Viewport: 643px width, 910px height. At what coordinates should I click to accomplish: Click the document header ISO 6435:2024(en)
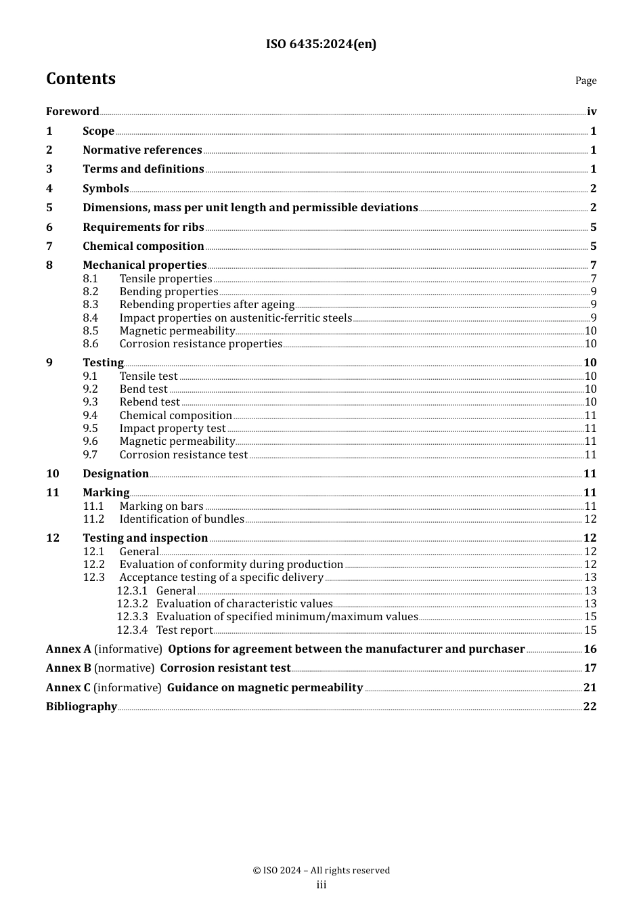[321, 44]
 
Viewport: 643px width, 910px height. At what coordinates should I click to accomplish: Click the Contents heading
[81, 79]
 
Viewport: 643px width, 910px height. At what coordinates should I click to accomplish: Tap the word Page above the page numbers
[585, 81]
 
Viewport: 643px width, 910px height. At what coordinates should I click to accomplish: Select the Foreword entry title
[72, 112]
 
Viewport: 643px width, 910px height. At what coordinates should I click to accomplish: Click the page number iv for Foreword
[592, 112]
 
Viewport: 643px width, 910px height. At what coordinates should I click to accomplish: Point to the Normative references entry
[142, 150]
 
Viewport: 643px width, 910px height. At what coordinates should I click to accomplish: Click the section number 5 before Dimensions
[49, 208]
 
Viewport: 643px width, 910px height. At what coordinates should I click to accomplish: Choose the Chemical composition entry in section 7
[143, 246]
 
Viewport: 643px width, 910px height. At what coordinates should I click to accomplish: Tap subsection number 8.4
[91, 318]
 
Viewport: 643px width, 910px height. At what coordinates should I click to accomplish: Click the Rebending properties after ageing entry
[206, 305]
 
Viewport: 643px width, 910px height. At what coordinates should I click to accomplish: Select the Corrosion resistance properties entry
[200, 344]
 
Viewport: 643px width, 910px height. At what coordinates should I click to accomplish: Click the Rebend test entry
[150, 402]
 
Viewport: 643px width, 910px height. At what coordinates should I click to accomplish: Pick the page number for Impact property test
[590, 429]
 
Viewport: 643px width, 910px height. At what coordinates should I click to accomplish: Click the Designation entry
[115, 474]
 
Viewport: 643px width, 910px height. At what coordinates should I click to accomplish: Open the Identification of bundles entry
[181, 519]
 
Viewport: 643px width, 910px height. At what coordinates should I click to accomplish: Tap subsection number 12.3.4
[131, 630]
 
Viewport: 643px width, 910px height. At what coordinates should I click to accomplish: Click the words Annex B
[68, 668]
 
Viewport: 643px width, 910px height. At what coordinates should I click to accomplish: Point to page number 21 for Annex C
[590, 688]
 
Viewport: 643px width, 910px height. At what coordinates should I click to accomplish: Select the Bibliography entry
[81, 707]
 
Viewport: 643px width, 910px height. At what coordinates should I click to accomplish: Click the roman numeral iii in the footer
[321, 885]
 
